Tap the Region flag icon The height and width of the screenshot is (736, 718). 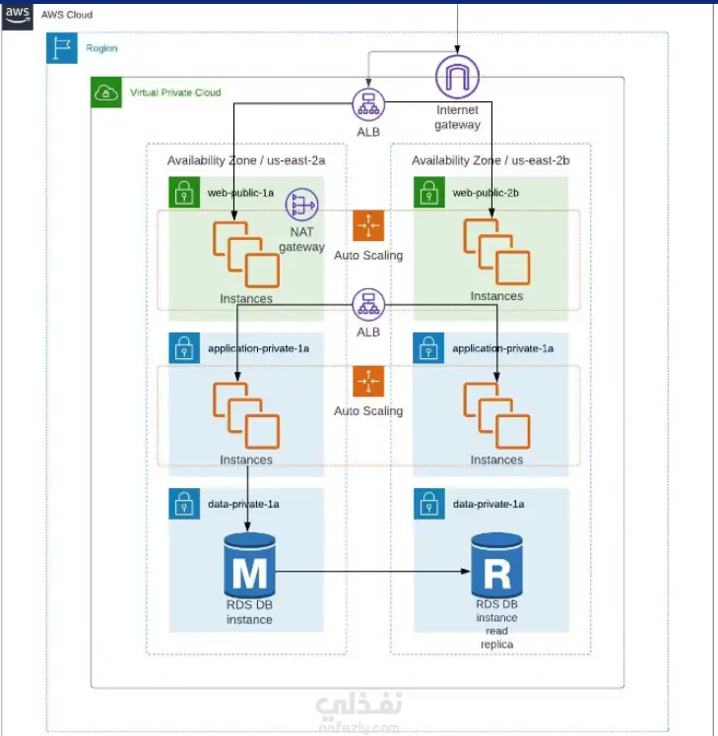point(61,48)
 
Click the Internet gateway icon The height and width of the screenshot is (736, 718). point(457,77)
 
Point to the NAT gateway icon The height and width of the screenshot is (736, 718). point(301,206)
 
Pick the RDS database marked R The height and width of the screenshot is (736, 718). point(496,563)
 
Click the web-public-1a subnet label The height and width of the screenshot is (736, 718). point(240,193)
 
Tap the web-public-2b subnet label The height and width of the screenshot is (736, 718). point(486,193)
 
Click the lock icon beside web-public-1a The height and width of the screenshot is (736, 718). point(184,192)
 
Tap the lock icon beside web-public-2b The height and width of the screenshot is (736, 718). point(428,192)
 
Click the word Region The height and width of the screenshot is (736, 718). point(101,47)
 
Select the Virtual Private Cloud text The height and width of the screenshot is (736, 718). point(175,92)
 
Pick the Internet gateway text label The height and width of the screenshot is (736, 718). point(458,118)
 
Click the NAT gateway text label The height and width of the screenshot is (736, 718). point(301,239)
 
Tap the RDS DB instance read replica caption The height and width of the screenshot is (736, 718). point(496,624)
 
